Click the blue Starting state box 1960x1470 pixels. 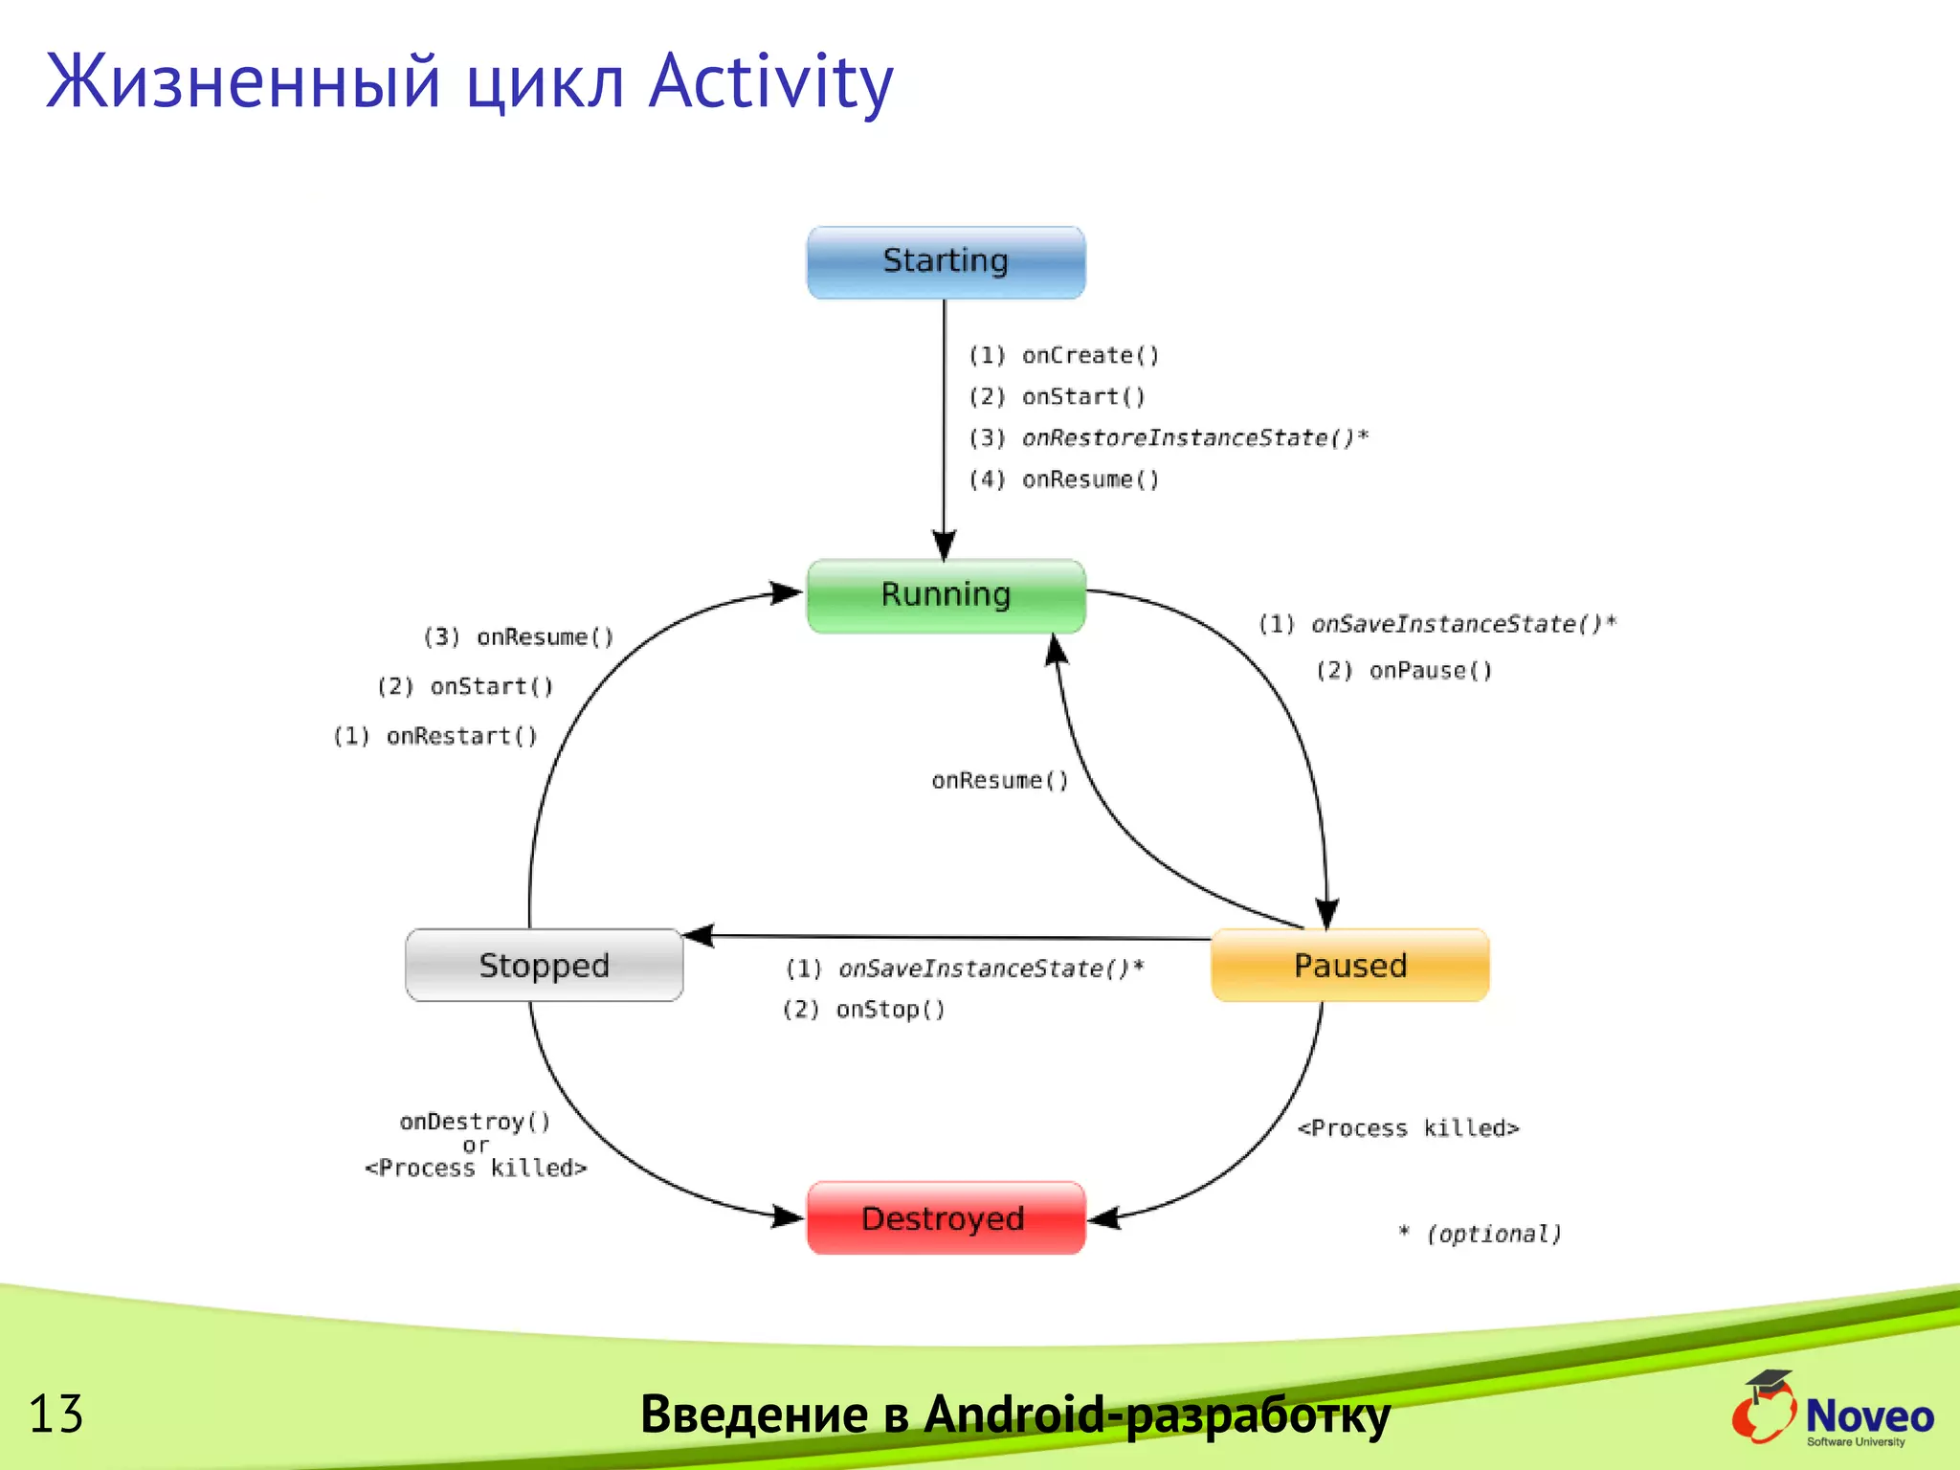[946, 262]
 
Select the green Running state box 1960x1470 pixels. [946, 595]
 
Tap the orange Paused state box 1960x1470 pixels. [1349, 965]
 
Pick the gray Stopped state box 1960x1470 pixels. [544, 965]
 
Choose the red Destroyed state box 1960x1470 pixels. [946, 1217]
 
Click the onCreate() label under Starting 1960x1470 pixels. [1089, 356]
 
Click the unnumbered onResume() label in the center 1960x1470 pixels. [999, 781]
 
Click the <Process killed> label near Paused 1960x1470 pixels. [1408, 1128]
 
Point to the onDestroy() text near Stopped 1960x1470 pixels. [475, 1122]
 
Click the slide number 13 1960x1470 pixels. [56, 1414]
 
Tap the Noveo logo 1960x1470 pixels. [1833, 1411]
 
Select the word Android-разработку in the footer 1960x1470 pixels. [1156, 1414]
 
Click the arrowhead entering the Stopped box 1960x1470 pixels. [698, 935]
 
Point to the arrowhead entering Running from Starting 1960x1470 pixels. [944, 546]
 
